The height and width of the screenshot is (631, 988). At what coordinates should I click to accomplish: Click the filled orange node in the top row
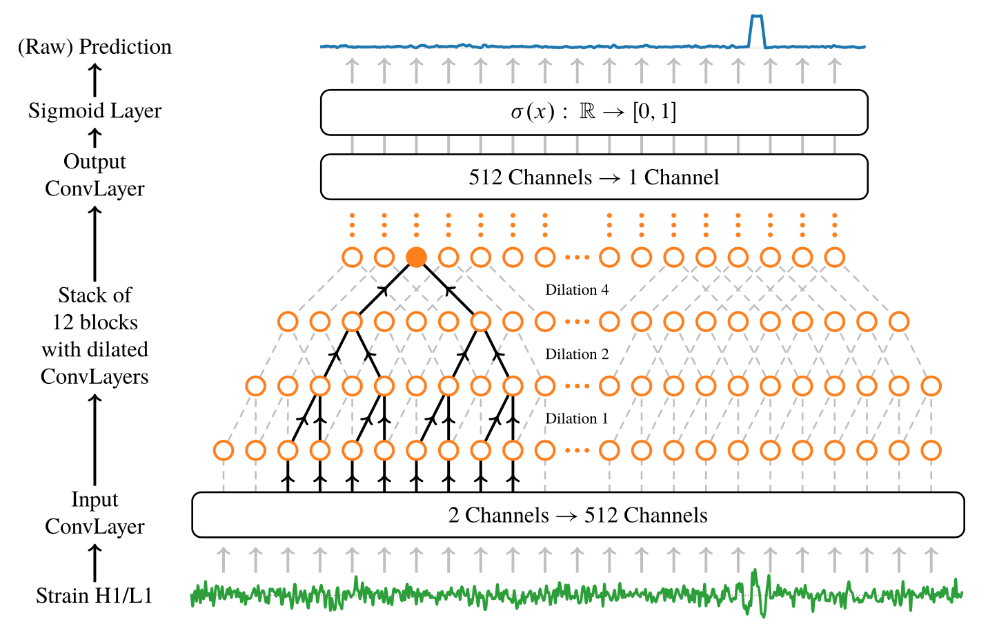pos(416,258)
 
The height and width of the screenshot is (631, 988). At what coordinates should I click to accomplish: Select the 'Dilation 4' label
pos(577,290)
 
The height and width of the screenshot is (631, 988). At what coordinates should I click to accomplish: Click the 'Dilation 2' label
pos(577,354)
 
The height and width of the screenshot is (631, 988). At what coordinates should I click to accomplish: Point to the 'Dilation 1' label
pos(577,418)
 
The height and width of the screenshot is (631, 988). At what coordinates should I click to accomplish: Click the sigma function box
pos(594,113)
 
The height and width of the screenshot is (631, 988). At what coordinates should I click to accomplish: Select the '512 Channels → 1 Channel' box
pos(594,177)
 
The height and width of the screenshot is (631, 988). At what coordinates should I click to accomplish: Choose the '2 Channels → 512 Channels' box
pos(577,515)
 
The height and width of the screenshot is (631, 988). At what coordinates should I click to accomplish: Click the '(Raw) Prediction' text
pos(95,47)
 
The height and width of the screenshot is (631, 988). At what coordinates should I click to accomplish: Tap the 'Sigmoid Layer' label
pos(95,111)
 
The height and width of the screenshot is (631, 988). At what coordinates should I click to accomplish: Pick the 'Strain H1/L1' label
pos(95,596)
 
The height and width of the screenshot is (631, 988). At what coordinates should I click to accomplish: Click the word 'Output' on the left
pos(95,162)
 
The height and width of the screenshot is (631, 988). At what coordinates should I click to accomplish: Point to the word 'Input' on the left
pos(95,500)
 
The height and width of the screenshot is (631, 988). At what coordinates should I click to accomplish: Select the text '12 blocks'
pos(95,322)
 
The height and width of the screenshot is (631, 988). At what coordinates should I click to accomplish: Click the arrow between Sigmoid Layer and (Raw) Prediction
pos(95,79)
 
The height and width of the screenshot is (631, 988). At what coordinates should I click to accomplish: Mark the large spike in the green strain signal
pos(755,590)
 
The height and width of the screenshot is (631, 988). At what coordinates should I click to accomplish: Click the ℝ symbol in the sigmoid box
pos(587,112)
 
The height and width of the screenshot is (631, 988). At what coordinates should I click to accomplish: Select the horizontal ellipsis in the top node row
pos(577,258)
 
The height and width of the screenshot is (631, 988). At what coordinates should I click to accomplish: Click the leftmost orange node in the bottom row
pos(224,450)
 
